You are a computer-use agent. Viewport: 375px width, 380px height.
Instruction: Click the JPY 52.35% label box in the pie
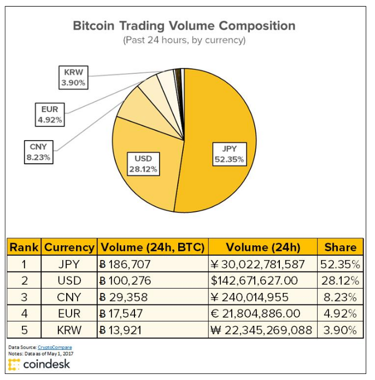[230, 154]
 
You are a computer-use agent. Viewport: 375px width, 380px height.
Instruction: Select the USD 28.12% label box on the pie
[143, 164]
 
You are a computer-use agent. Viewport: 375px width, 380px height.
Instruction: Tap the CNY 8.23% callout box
[39, 152]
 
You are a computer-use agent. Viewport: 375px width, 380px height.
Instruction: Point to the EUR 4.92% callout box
[50, 114]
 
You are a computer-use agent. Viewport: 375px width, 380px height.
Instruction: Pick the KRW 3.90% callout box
[74, 78]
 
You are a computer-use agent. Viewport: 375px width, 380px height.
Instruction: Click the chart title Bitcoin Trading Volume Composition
[184, 26]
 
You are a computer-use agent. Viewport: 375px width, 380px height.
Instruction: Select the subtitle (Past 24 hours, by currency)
[184, 40]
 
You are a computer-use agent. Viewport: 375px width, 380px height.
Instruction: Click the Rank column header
[24, 247]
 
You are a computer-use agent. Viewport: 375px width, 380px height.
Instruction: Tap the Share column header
[341, 247]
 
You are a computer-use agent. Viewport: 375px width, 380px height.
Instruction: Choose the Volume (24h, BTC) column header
[153, 247]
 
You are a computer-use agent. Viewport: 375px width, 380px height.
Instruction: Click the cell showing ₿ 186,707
[153, 264]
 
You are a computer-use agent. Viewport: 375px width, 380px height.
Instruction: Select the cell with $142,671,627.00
[263, 280]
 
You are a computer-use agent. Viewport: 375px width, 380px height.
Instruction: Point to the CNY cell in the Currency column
[69, 297]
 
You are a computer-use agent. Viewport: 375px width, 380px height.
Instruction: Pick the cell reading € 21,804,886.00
[263, 313]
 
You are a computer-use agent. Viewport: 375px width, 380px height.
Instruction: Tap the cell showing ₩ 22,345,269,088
[263, 330]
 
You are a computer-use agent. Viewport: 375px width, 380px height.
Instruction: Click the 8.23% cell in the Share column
[341, 297]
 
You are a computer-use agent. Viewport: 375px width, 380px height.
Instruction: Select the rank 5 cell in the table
[24, 330]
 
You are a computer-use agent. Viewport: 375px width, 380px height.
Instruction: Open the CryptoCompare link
[55, 347]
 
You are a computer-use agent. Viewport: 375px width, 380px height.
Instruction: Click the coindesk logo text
[46, 364]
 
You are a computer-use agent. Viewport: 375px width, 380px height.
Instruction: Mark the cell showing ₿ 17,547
[153, 313]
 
